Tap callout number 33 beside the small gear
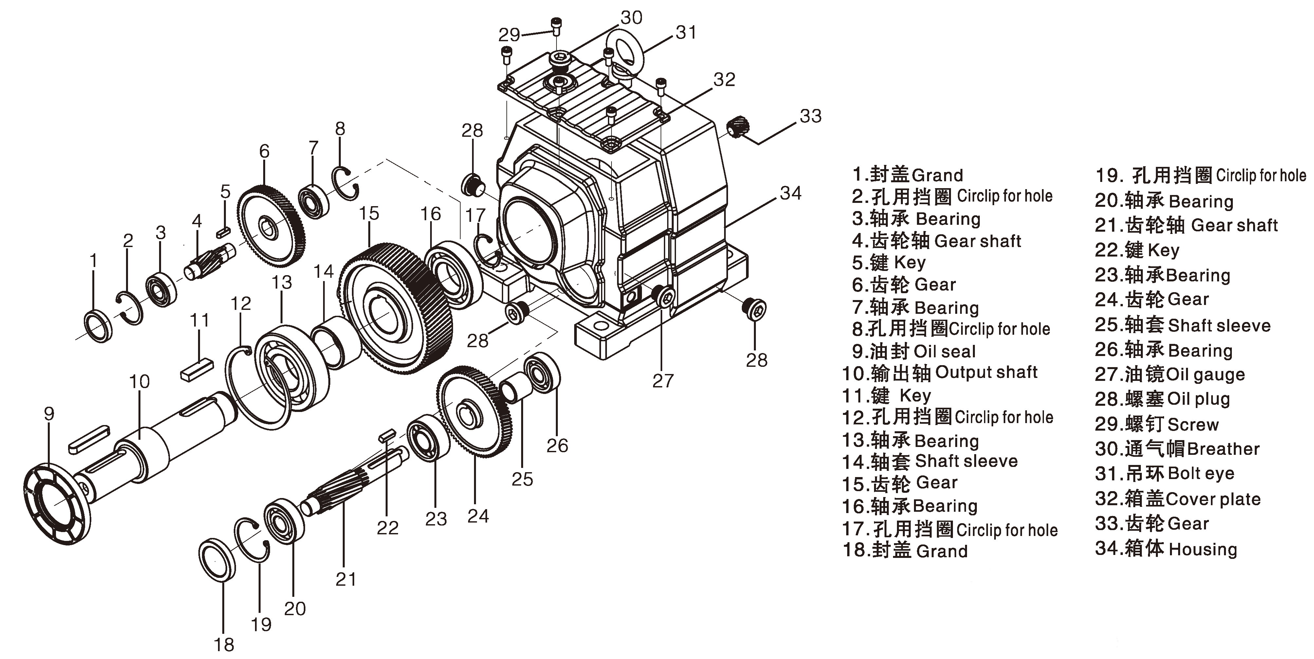pyautogui.click(x=811, y=116)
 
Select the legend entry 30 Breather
pyautogui.click(x=1177, y=449)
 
